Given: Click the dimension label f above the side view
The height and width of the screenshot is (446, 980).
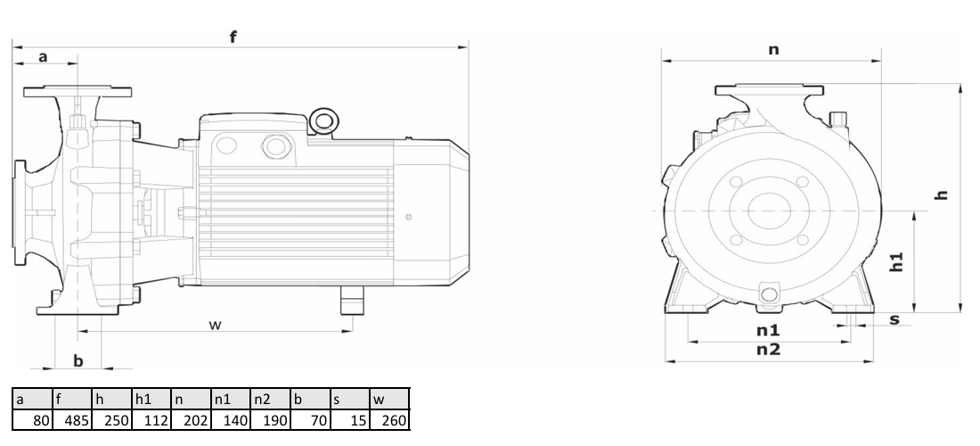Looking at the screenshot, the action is pyautogui.click(x=233, y=37).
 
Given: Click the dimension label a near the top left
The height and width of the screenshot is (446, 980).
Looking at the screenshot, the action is pyautogui.click(x=43, y=57).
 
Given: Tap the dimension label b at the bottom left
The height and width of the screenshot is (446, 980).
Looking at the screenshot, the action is pyautogui.click(x=78, y=361).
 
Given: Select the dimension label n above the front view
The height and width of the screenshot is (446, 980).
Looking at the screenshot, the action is pyautogui.click(x=773, y=49).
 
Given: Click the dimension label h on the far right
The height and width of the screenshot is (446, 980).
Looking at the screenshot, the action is pyautogui.click(x=942, y=194).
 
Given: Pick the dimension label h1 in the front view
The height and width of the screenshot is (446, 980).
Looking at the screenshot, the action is pyautogui.click(x=896, y=262).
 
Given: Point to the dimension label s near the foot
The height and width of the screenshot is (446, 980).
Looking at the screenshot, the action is pyautogui.click(x=894, y=319).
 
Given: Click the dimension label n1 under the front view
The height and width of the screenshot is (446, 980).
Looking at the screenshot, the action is pyautogui.click(x=768, y=330).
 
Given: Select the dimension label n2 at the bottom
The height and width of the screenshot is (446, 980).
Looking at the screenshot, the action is pyautogui.click(x=768, y=350).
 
